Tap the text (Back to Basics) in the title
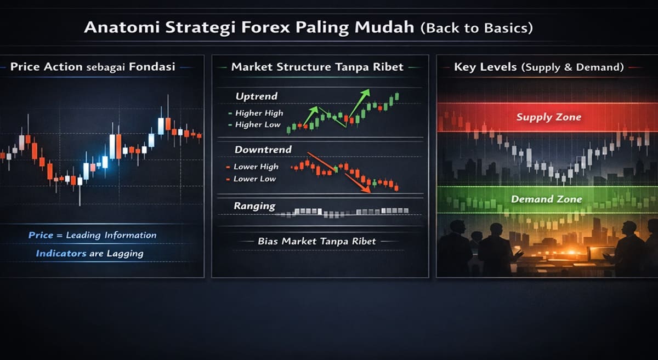click(x=476, y=27)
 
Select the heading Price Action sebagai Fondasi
click(x=93, y=67)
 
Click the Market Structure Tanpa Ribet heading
click(x=317, y=67)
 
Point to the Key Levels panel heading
click(x=538, y=67)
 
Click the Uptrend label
click(x=257, y=96)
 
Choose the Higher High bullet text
click(x=259, y=113)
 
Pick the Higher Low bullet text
click(x=258, y=124)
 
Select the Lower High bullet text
click(x=256, y=167)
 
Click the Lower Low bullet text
click(x=254, y=179)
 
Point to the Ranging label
click(x=254, y=206)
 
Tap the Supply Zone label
click(x=548, y=117)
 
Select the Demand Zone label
click(x=547, y=199)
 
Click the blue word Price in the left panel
click(x=41, y=235)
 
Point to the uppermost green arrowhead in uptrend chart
click(x=367, y=92)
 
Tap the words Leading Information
click(x=111, y=235)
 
